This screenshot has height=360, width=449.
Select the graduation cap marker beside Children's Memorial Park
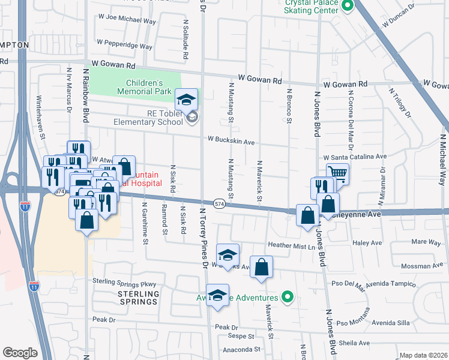187,99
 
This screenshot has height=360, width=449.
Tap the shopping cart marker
338,173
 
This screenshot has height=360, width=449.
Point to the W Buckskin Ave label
232,140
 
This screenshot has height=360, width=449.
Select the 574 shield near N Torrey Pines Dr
220,203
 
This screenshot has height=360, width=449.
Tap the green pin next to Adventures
288,297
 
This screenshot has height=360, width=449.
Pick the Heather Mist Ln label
291,246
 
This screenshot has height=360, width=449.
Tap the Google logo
20,352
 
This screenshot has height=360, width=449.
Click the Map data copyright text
424,355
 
